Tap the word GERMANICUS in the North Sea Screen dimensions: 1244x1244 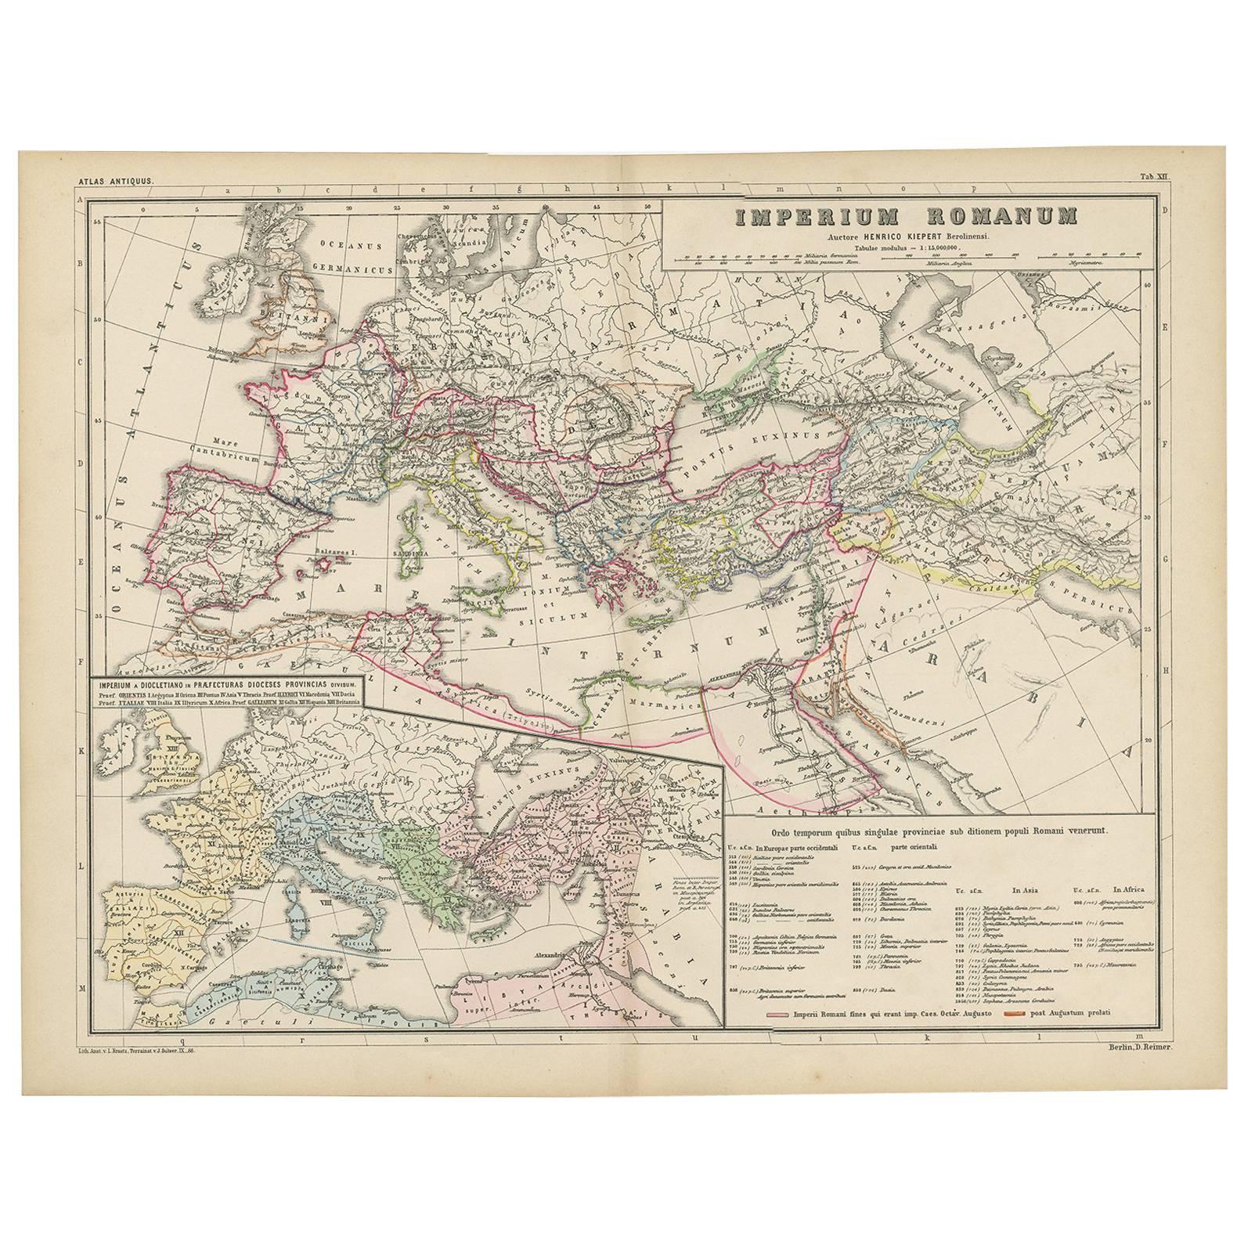point(359,268)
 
